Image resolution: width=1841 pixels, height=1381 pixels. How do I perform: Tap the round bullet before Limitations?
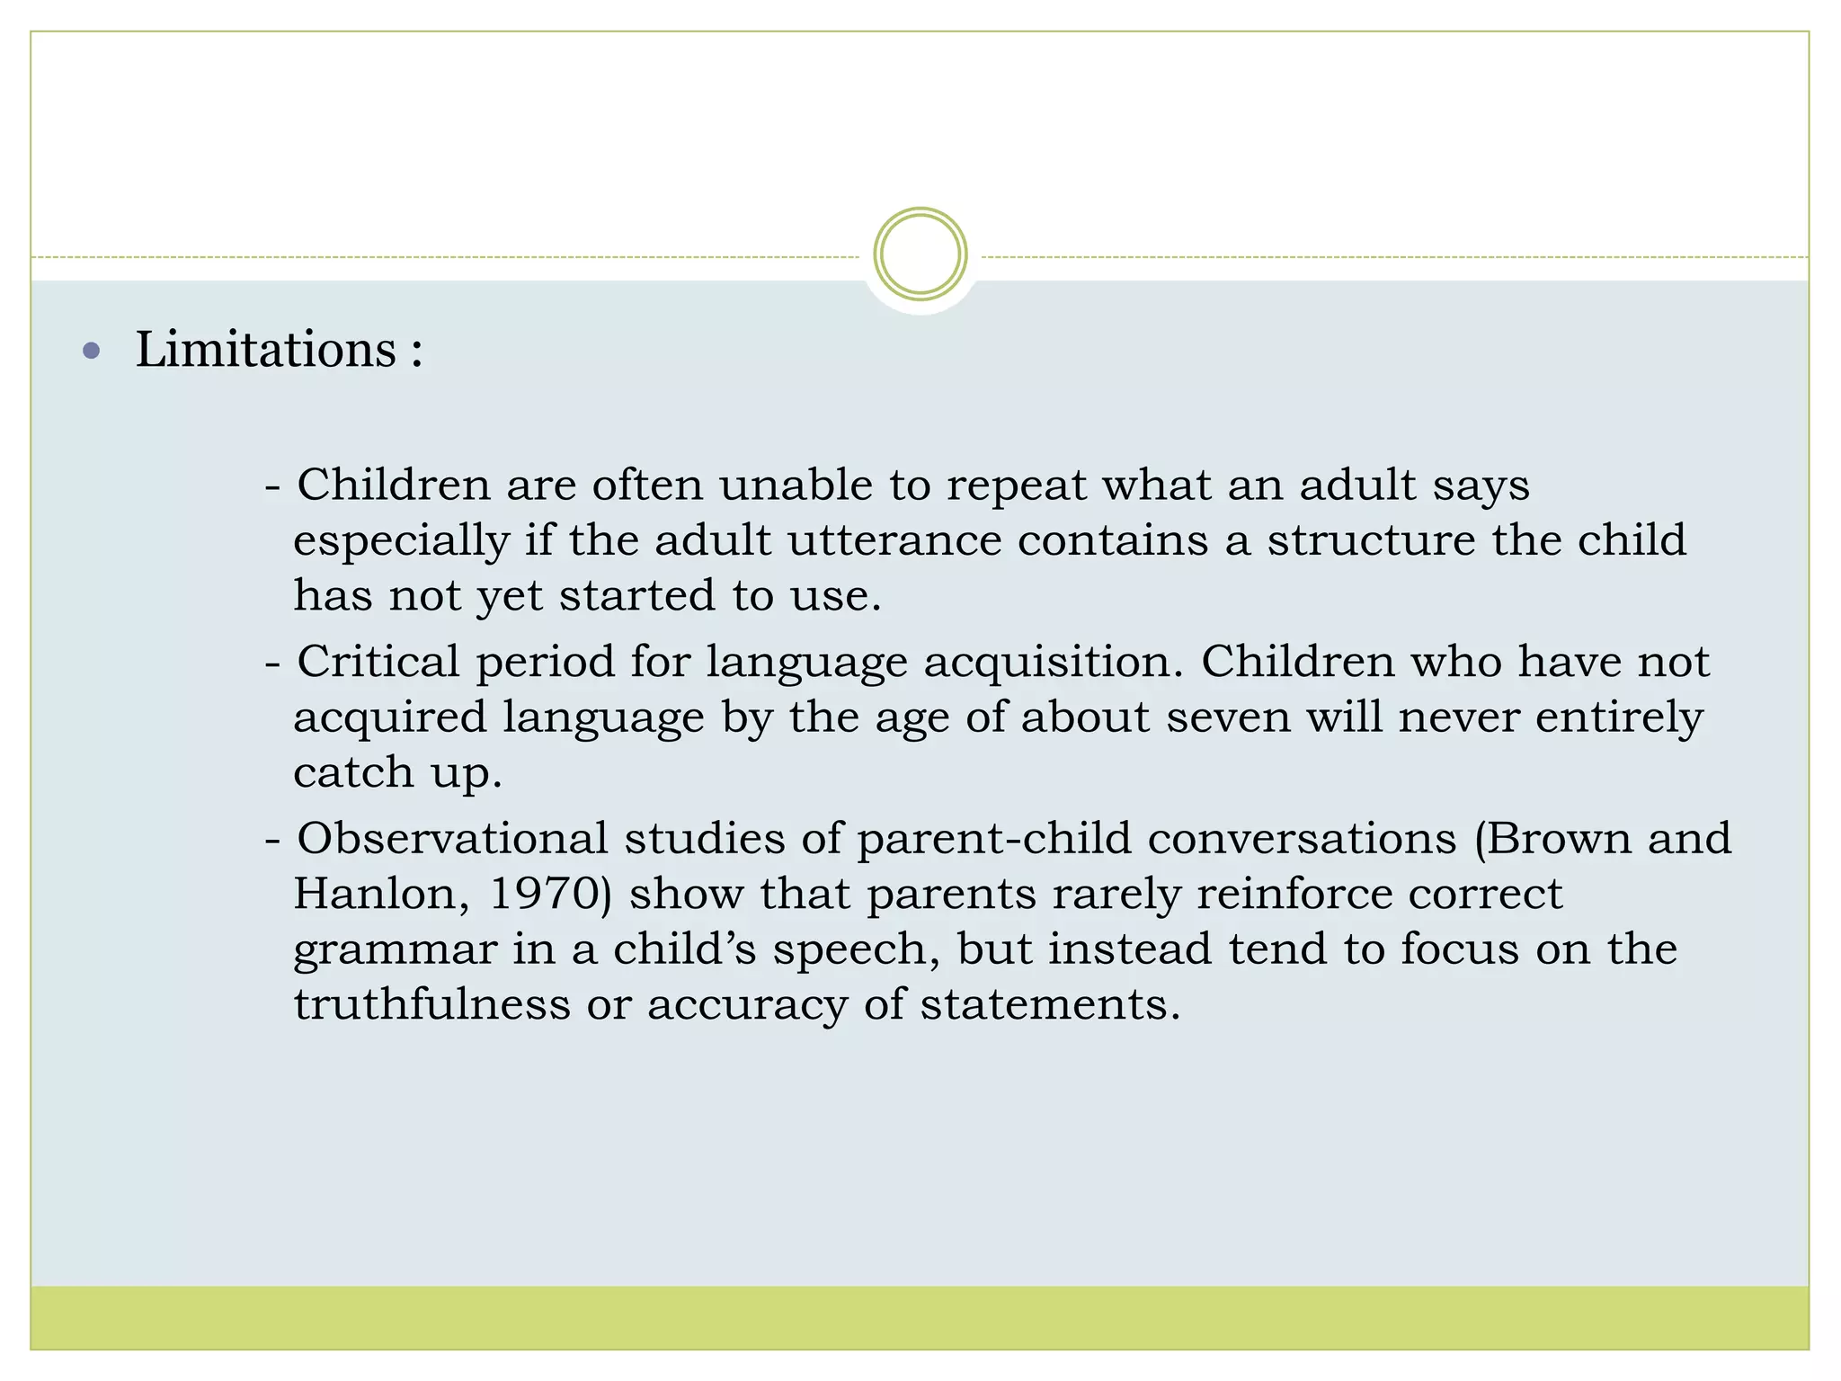click(91, 351)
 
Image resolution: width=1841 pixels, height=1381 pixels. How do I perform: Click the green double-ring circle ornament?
click(920, 254)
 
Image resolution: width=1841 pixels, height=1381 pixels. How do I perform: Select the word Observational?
click(452, 838)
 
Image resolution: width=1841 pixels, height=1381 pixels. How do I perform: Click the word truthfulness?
click(431, 1004)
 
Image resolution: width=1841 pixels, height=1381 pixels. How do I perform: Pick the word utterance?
click(894, 540)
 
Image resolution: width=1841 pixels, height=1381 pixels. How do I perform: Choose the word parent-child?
click(993, 840)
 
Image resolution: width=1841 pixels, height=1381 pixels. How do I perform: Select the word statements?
click(1049, 1004)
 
